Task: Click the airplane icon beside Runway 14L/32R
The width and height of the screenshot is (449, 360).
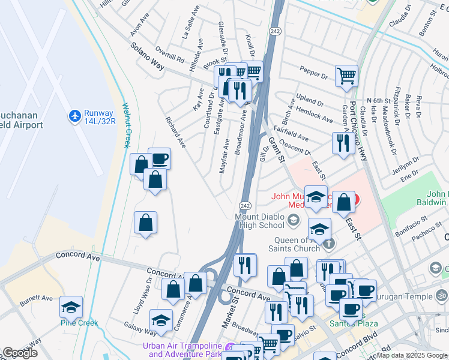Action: coord(74,115)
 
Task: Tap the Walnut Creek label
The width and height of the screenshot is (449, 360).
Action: coord(126,125)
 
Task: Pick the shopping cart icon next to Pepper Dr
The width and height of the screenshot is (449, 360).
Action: coord(346,76)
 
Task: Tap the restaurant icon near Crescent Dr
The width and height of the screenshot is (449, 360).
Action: coord(342,142)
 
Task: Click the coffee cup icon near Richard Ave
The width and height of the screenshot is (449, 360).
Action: coord(160,159)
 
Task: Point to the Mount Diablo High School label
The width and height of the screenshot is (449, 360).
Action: coord(260,221)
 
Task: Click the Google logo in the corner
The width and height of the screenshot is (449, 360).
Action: coord(20,353)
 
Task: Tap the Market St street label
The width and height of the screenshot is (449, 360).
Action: coord(229,314)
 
